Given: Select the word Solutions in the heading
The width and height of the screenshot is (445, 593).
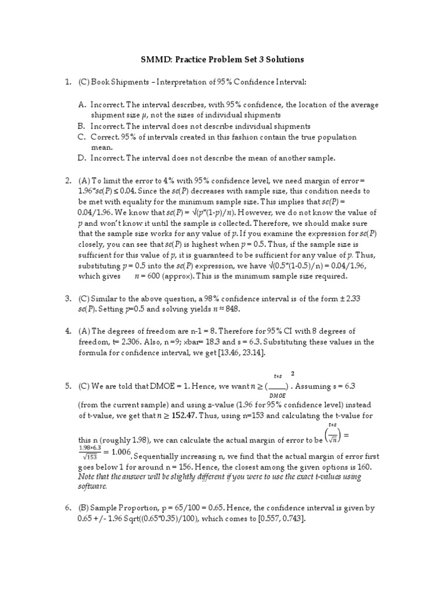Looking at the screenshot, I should (x=284, y=60).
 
